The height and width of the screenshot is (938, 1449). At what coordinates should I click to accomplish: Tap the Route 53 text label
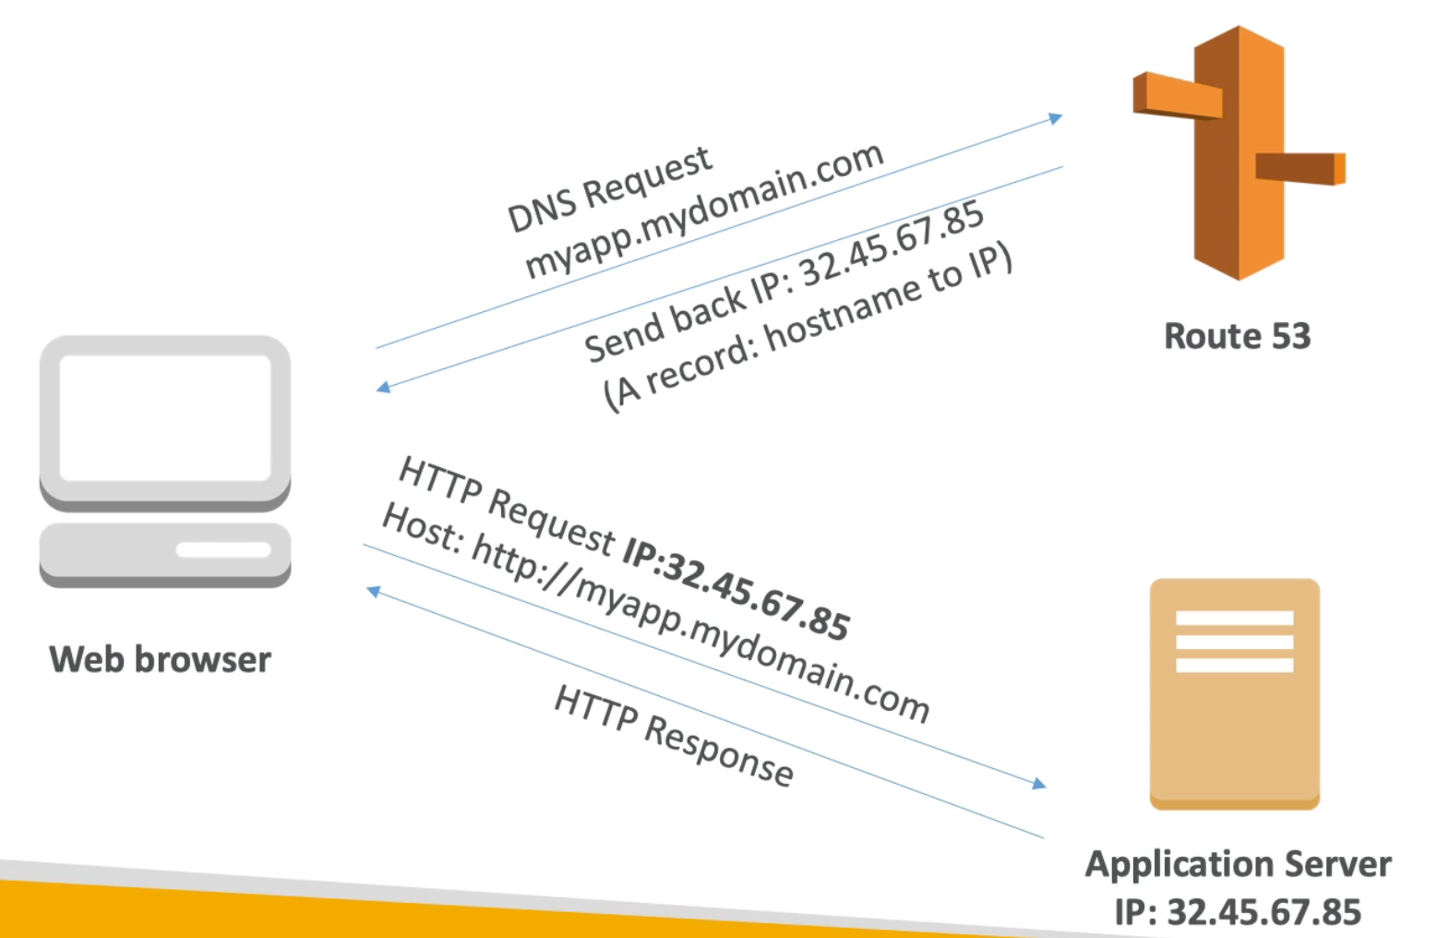tap(1237, 336)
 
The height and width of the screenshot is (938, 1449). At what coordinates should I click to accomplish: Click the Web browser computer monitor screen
tap(165, 416)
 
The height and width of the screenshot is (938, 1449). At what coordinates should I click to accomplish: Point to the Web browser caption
tap(160, 659)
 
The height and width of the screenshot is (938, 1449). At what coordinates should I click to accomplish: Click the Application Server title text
tap(1238, 864)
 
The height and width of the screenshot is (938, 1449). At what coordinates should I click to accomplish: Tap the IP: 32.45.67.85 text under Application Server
tap(1238, 912)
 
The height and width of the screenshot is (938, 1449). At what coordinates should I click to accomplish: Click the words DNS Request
tap(609, 189)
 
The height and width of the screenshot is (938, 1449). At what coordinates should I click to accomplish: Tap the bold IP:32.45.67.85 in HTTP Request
tap(735, 587)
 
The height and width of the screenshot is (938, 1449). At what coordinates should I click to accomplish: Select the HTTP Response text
tap(674, 736)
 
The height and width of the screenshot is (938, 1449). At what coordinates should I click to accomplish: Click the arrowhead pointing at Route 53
tap(1056, 118)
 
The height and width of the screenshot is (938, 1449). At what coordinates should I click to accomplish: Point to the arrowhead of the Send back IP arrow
tap(383, 387)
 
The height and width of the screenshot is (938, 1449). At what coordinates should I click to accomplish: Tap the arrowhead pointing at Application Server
tap(1039, 784)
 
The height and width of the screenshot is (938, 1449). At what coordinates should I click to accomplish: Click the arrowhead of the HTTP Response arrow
tap(373, 591)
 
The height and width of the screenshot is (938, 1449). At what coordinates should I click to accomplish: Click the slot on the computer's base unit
tap(223, 550)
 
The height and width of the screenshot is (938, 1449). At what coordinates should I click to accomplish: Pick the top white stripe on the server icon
tap(1234, 618)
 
